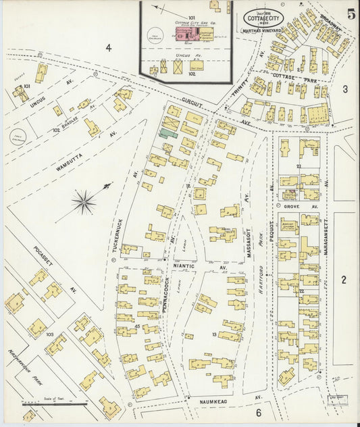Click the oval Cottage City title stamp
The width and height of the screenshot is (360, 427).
tap(264, 16)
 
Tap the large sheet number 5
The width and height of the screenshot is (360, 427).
tap(351, 14)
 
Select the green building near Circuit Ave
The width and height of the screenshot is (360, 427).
tap(169, 134)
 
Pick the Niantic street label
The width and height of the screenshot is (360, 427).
tap(186, 267)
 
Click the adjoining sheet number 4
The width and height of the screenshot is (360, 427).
tap(108, 47)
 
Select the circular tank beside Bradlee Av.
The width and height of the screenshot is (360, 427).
tap(19, 138)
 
